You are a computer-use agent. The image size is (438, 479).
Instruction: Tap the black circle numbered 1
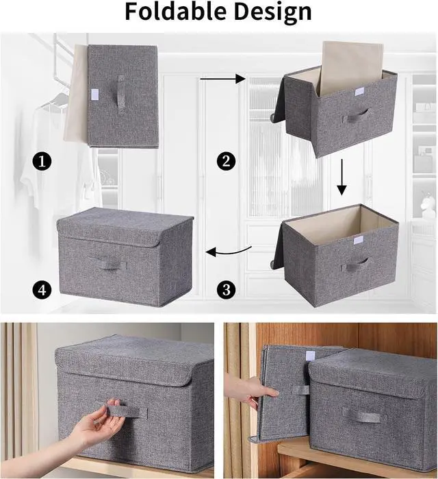click(42, 161)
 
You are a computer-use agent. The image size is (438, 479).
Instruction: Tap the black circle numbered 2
click(226, 161)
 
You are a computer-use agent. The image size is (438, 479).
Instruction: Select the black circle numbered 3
click(226, 289)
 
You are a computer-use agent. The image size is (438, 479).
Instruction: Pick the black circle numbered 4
click(42, 289)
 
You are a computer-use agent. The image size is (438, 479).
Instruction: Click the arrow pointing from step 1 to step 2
click(222, 79)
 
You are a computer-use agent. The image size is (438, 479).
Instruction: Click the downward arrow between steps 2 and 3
click(342, 177)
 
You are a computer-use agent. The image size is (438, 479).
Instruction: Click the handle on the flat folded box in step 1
click(121, 95)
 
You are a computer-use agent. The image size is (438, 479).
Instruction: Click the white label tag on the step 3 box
click(358, 241)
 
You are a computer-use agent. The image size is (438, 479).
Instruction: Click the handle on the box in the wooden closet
click(362, 415)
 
